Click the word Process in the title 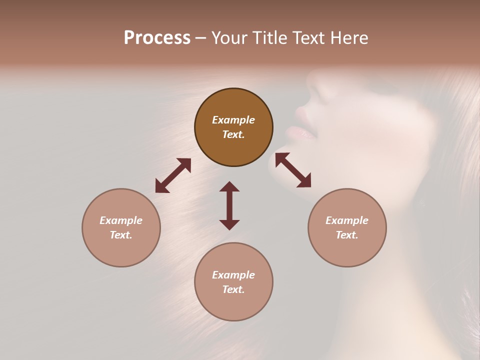click(x=157, y=38)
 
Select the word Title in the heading click(x=267, y=38)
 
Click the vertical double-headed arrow click(x=229, y=205)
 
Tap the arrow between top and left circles click(x=173, y=175)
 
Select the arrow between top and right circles click(x=293, y=170)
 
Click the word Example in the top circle click(x=233, y=120)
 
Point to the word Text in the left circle click(x=121, y=235)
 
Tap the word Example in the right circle click(x=347, y=220)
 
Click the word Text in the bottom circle click(x=233, y=289)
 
